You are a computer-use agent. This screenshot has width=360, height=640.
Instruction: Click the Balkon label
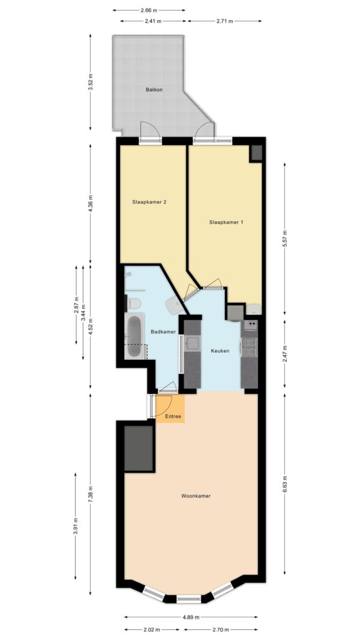pos(154,90)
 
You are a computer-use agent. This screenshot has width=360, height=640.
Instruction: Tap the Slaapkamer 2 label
pos(149,202)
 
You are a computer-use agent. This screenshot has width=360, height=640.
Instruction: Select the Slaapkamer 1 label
pos(226,223)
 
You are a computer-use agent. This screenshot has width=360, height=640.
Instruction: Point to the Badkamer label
pos(163,332)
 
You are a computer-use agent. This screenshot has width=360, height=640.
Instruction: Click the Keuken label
pos(220,351)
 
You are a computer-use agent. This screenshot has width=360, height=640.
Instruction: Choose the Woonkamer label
pos(196,496)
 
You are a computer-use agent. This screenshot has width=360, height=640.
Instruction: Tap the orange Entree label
pos(173,417)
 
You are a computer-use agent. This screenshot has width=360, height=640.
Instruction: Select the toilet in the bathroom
pos(134,304)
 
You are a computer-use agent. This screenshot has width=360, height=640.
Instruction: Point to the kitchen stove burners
pos(249,347)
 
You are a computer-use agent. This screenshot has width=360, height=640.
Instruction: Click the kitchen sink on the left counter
pos(192,344)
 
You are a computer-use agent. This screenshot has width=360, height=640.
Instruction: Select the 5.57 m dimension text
pos(285,239)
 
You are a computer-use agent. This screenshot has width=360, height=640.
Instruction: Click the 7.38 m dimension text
pos(91,494)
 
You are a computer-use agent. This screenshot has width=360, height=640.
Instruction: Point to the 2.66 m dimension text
pos(149,10)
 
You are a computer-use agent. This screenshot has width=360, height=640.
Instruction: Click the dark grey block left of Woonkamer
pos(139,448)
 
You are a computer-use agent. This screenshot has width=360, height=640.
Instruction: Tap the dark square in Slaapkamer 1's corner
pos(257,153)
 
